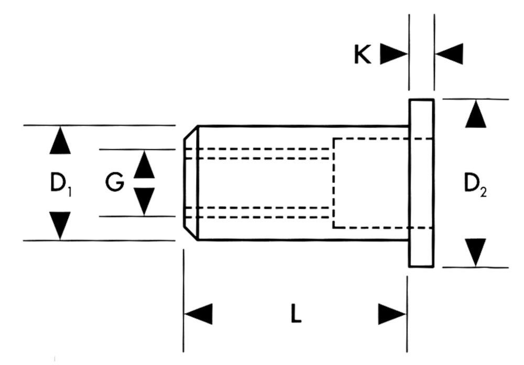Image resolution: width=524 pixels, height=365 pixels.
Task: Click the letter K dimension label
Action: point(362,54)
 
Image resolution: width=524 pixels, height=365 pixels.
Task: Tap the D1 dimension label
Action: point(60,184)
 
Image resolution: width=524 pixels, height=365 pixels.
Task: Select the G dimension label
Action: point(114,182)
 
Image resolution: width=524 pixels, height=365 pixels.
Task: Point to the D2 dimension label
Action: point(476,184)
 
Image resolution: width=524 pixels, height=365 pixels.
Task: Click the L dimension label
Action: point(296,314)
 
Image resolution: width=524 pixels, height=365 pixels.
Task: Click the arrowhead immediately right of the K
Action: point(394,54)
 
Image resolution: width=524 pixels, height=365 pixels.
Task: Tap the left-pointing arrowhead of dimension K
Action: point(449,54)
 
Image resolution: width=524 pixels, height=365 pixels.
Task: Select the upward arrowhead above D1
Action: point(60,141)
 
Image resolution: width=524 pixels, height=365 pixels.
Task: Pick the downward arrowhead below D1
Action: point(60,224)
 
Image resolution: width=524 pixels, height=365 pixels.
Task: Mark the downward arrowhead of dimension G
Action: point(144,201)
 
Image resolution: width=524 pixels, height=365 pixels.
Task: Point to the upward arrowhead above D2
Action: point(476,115)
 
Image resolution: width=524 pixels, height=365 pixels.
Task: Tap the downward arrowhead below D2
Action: point(476,252)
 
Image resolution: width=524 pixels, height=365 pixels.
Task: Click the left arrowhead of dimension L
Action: point(199,314)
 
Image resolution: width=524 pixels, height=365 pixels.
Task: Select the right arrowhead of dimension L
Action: point(392,314)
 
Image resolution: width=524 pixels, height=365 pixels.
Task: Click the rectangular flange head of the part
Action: point(422,182)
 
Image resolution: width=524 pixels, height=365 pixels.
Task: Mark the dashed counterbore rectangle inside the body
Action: point(370,182)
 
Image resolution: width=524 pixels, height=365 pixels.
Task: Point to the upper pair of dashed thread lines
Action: point(259,154)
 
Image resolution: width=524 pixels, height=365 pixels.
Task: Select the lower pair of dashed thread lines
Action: point(259,212)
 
